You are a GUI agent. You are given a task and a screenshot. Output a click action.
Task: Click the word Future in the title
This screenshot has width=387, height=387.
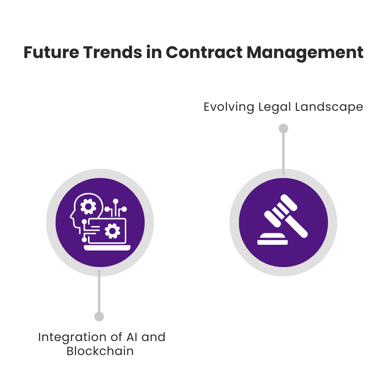51,52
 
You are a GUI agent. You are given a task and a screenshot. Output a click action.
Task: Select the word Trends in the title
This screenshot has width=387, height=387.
113,52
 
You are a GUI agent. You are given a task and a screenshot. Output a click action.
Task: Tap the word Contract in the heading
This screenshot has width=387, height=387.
204,52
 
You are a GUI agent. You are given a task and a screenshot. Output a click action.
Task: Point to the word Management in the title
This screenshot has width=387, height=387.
305,53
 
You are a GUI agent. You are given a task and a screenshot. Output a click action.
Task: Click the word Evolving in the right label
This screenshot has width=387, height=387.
229,107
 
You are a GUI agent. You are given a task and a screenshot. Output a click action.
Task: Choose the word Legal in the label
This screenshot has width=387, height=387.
274,107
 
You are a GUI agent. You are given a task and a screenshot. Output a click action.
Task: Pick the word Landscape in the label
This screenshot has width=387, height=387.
329,107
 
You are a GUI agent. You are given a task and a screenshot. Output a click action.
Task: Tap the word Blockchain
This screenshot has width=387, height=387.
100,351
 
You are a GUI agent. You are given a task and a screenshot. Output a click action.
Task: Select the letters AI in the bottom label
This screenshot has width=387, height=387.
132,337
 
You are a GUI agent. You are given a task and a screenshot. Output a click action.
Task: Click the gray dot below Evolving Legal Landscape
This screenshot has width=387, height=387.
283,129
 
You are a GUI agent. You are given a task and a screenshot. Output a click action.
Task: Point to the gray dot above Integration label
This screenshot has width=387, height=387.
99,316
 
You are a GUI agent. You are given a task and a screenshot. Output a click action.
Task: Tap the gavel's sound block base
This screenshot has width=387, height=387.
272,239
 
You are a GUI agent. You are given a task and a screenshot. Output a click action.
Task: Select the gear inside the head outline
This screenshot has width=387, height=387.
88,207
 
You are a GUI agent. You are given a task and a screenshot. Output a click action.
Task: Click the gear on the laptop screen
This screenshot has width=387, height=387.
112,231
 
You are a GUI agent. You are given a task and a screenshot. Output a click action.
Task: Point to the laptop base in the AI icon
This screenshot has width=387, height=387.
107,248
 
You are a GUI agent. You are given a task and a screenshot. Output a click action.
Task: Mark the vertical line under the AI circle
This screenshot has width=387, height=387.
99,291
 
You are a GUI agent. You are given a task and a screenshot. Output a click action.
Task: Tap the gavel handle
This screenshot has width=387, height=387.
296,226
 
